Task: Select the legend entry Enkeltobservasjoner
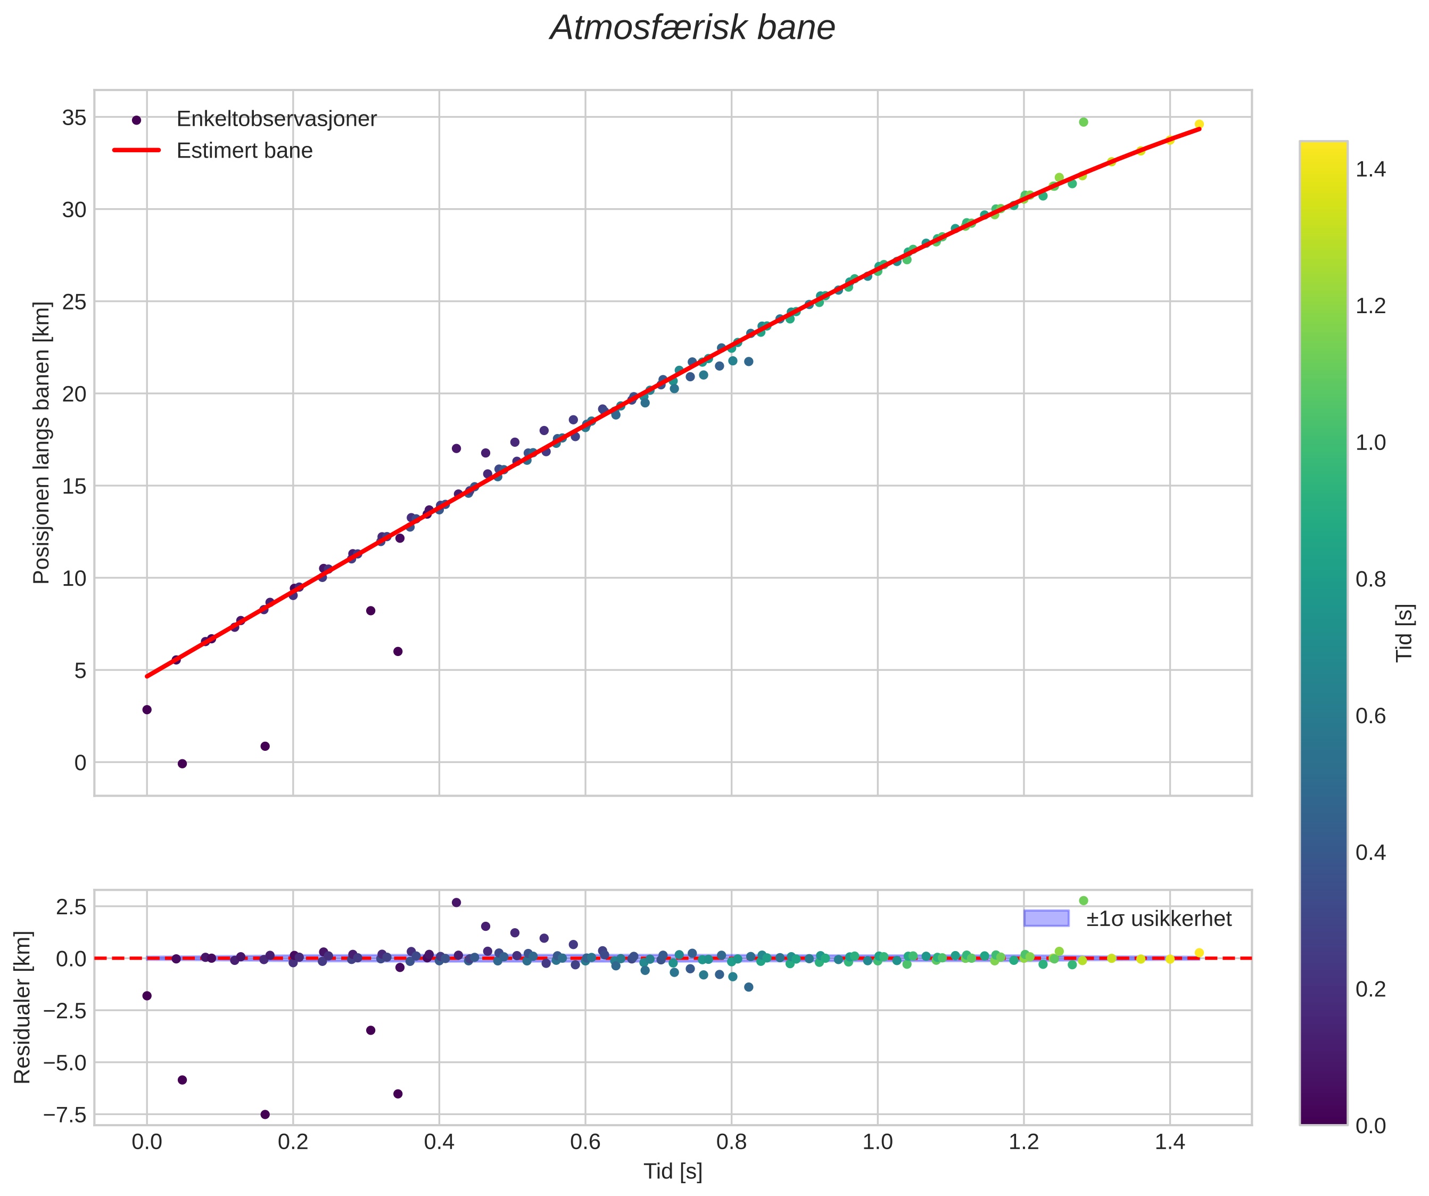pos(276,119)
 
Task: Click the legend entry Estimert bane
pos(244,151)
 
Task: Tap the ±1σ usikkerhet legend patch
pos(1046,918)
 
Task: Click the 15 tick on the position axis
pos(75,486)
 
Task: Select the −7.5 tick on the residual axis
pos(65,1115)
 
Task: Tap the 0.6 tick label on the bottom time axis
pos(585,1142)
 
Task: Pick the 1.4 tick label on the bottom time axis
pos(1170,1142)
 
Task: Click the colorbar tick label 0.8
pos(1370,579)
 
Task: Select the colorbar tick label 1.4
pos(1370,169)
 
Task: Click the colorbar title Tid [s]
pos(1405,633)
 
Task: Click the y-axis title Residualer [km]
pos(22,1007)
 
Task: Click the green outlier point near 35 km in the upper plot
pos(1083,122)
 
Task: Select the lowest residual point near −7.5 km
pos(265,1115)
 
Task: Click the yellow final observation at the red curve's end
pos(1199,125)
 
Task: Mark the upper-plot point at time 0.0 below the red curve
pos(146,709)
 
